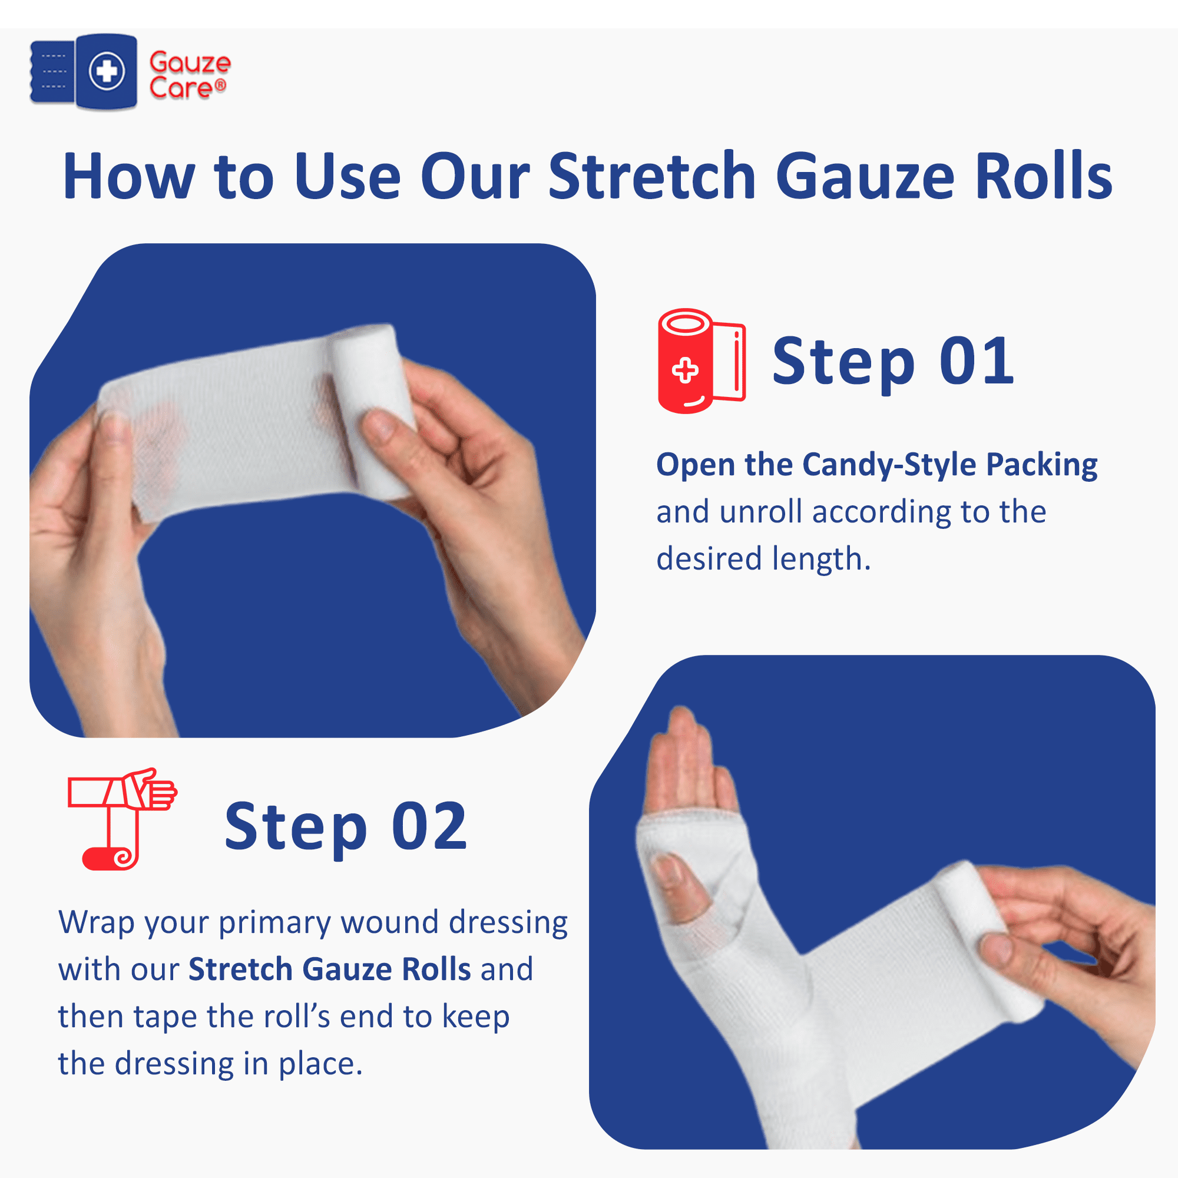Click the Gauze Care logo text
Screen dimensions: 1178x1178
tap(190, 75)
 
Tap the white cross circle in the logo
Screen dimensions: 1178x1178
tap(107, 71)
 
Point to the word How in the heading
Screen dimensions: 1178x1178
tap(129, 176)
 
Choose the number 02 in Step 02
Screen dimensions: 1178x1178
tap(429, 827)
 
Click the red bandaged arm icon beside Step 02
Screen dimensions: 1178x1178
tap(122, 818)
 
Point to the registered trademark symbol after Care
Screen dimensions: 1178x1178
tap(221, 85)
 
